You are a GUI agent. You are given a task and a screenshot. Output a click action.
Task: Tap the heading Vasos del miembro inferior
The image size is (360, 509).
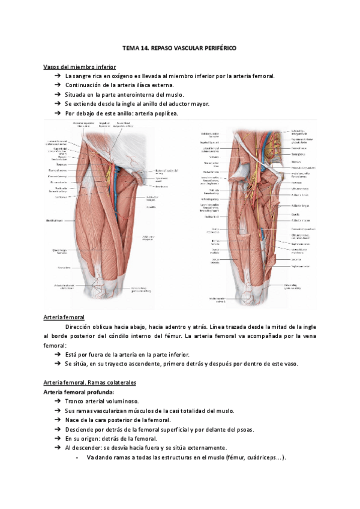80,67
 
